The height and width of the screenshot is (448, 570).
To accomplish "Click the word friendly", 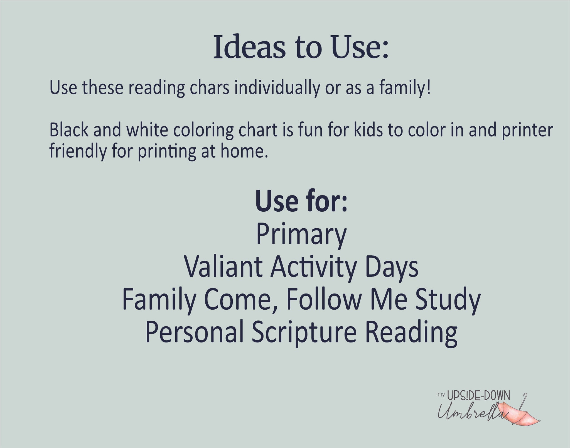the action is (x=78, y=152).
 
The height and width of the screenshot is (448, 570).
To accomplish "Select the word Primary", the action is (x=301, y=236).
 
